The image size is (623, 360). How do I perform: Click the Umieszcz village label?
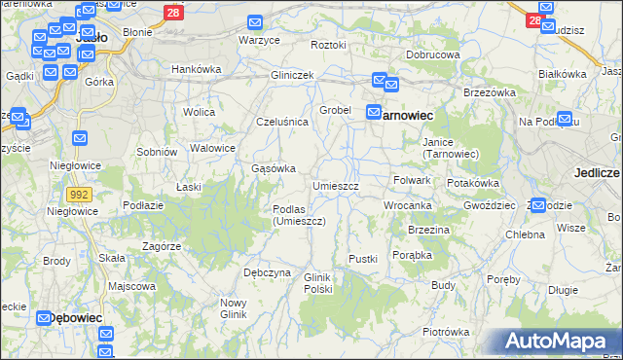click(336, 186)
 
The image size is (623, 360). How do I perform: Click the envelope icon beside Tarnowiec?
click(373, 114)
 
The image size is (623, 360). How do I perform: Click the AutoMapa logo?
click(560, 342)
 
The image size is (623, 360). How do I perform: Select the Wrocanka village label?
click(407, 206)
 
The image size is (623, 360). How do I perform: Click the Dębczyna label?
click(267, 272)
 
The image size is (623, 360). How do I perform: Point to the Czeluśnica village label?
click(281, 122)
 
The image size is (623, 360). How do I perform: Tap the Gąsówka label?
click(274, 168)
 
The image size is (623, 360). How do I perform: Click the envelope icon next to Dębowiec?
click(45, 317)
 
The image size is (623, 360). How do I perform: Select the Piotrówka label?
click(446, 332)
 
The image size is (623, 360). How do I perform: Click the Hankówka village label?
click(197, 69)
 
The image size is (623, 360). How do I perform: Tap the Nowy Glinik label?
click(234, 307)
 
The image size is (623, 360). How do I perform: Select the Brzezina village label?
click(428, 230)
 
